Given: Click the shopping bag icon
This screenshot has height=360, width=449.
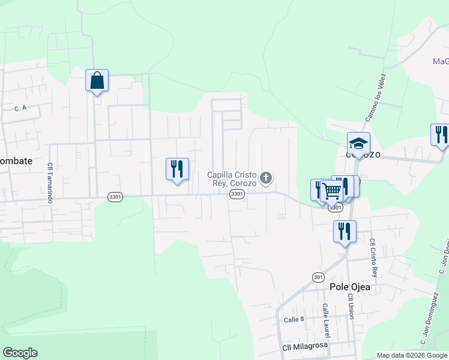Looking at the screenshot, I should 97,80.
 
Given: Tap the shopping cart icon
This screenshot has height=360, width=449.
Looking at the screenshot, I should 331,191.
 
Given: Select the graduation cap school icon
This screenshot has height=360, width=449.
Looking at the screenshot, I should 358,144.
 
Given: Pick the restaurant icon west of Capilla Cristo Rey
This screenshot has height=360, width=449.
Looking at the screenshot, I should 177,169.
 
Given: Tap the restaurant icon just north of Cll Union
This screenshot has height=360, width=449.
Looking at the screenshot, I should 345,231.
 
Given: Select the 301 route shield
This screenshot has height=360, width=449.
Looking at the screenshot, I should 318,277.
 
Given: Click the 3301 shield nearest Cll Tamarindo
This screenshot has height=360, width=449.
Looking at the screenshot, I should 115,197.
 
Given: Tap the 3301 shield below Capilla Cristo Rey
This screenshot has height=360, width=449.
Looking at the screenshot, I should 237,193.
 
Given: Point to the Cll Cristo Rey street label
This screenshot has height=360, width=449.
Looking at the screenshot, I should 373,257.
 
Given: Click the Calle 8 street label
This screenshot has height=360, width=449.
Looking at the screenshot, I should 295,319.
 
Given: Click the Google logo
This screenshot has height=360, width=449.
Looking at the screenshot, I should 20,353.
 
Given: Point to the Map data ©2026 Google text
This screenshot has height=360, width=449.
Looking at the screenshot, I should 412,355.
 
